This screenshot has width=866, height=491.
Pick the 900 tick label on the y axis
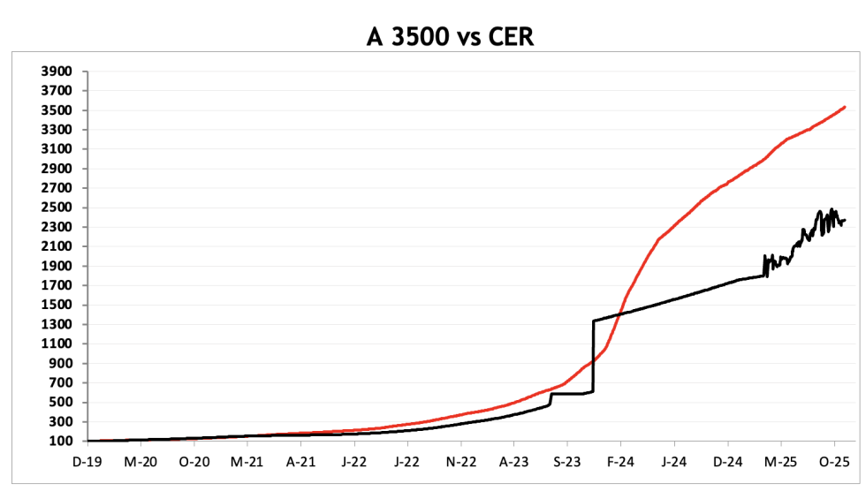pos(63,363)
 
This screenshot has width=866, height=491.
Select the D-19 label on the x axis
pos(88,462)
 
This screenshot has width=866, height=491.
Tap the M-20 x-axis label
pos(141,462)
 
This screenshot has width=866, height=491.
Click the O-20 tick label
pos(194,462)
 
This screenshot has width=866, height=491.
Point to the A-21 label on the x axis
pos(301,462)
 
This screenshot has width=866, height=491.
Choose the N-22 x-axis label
pos(460,462)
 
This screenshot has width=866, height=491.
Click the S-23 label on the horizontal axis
pos(567,462)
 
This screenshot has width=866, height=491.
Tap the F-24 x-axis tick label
pos(620,462)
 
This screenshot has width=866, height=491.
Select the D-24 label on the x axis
pos(728,462)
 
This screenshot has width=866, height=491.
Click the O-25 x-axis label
pos(834,462)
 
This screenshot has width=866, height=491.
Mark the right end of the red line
pos(845,107)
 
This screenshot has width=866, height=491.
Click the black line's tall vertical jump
pos(593,353)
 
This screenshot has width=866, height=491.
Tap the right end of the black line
pos(845,220)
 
